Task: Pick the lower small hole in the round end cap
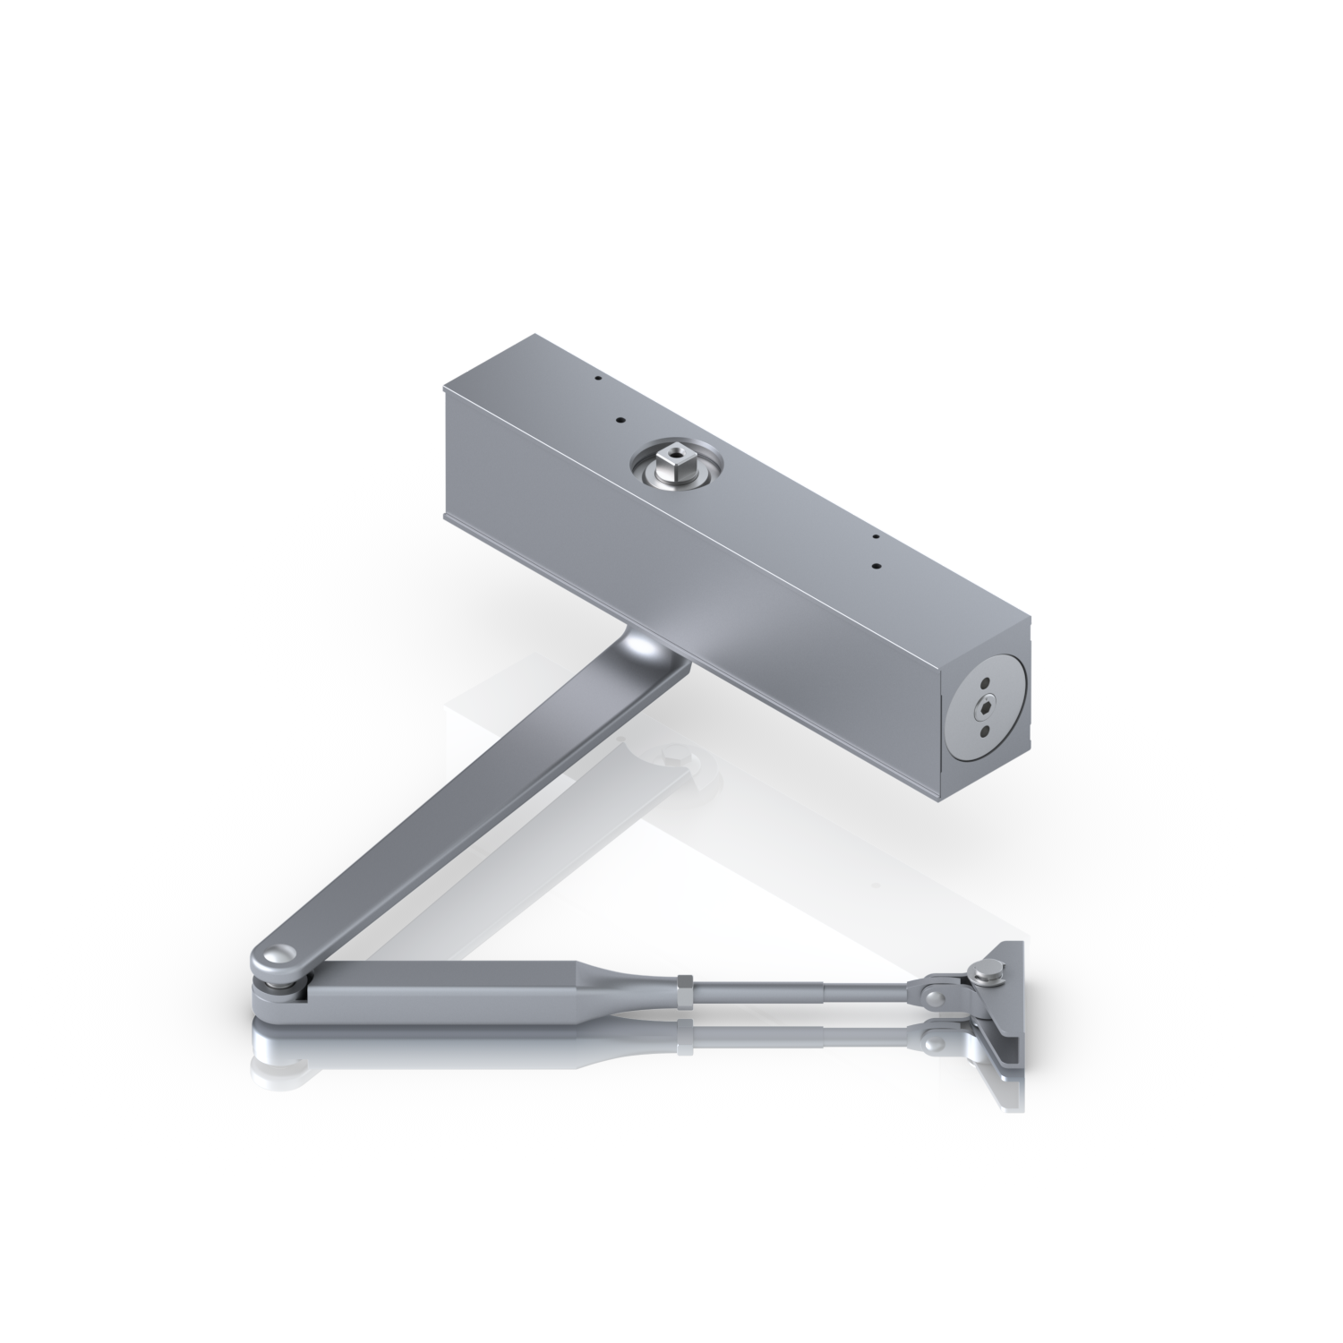(988, 730)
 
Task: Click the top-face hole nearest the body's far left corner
(593, 379)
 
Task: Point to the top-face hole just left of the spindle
(617, 419)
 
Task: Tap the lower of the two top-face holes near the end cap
(877, 567)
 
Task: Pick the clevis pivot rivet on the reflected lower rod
(937, 1041)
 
